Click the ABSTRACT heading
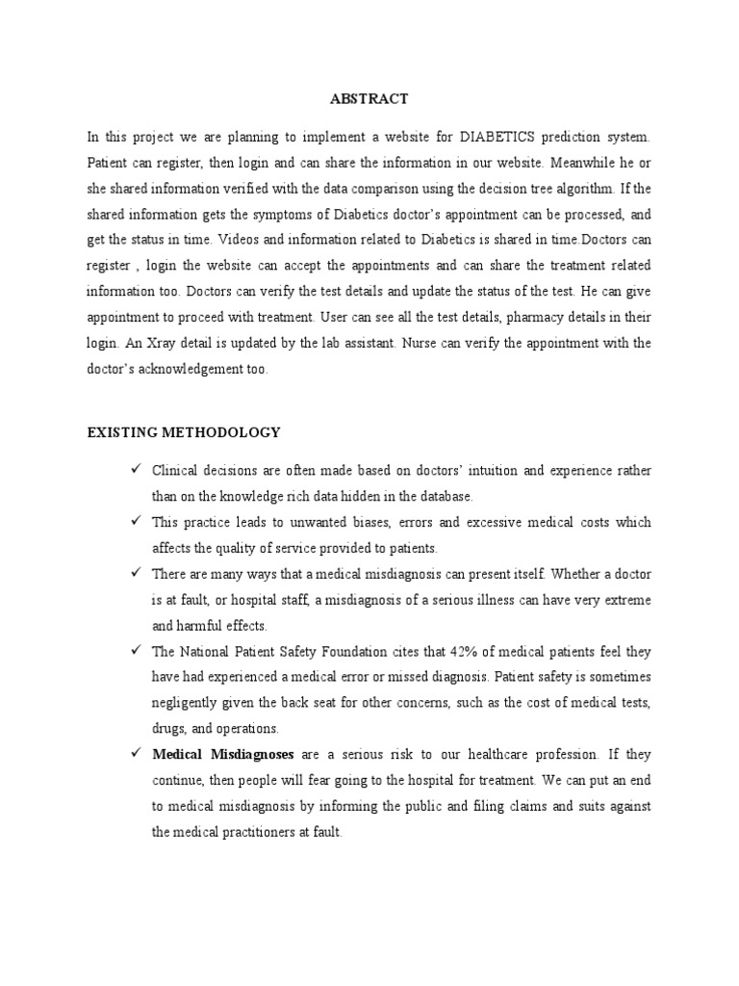[369, 99]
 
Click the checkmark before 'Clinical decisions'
[137, 470]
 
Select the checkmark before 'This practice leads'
[137, 521]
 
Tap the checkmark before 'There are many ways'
[137, 573]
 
